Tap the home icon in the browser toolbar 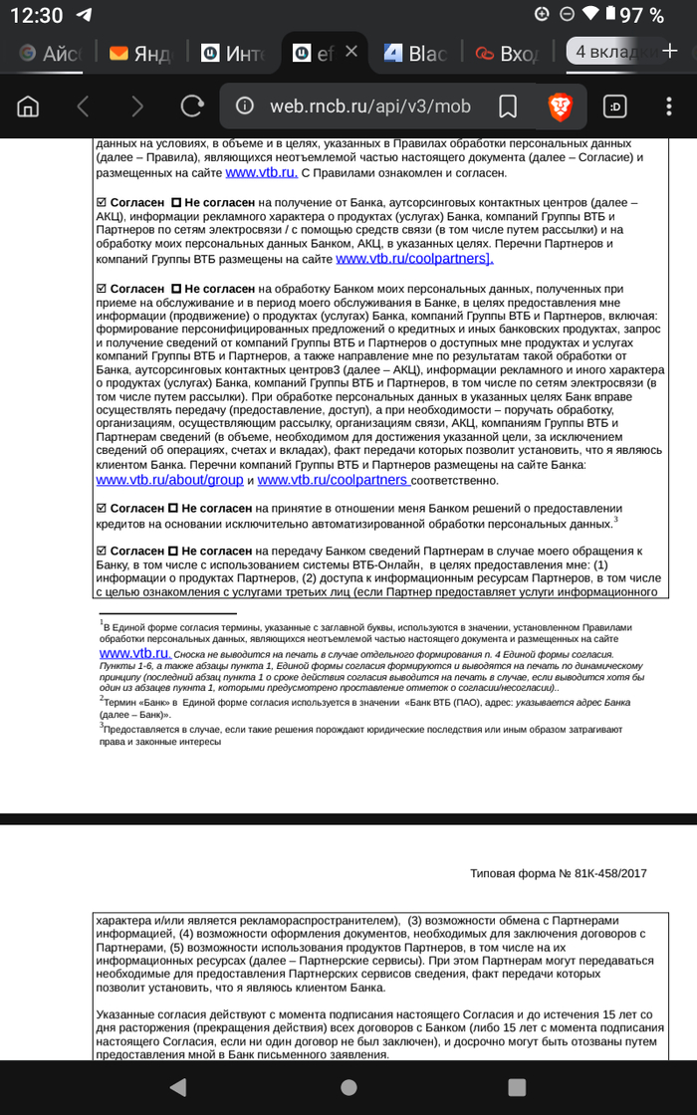tap(29, 106)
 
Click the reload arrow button tap(192, 106)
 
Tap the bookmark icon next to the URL tap(507, 106)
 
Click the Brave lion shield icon tap(561, 106)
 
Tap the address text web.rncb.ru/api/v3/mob tap(369, 107)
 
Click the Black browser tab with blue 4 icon tap(415, 53)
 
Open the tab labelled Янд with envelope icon tap(140, 53)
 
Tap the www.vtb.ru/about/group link tap(169, 480)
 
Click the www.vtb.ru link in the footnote tap(134, 653)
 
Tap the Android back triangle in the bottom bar tap(177, 1086)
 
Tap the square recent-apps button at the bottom tap(517, 1086)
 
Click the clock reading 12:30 tap(36, 15)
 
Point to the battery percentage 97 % tap(642, 15)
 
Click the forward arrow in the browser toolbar tap(137, 106)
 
